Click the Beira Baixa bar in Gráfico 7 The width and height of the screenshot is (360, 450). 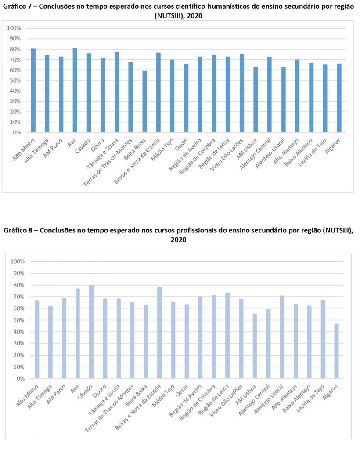pyautogui.click(x=144, y=102)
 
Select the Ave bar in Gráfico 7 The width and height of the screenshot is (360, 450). pyautogui.click(x=75, y=90)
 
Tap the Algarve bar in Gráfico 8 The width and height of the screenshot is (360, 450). pyautogui.click(x=336, y=351)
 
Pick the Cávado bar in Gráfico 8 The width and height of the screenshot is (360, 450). pyautogui.click(x=91, y=332)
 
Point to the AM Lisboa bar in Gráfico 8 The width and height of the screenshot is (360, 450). pyautogui.click(x=255, y=346)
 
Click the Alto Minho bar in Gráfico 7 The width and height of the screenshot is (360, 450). pyautogui.click(x=33, y=91)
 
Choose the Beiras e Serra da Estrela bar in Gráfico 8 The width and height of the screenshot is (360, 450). pyautogui.click(x=159, y=333)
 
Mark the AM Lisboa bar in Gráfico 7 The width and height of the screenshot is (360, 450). pyautogui.click(x=256, y=100)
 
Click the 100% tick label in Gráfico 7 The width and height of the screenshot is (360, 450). pyautogui.click(x=14, y=28)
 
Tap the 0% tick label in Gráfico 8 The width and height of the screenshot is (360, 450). pyautogui.click(x=20, y=378)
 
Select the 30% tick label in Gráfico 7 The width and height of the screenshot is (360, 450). pyautogui.click(x=15, y=102)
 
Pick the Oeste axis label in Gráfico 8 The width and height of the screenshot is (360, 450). pyautogui.click(x=182, y=392)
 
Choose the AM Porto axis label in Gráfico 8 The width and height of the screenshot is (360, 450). pyautogui.click(x=56, y=394)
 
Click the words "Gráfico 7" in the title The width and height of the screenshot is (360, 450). pyautogui.click(x=17, y=7)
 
